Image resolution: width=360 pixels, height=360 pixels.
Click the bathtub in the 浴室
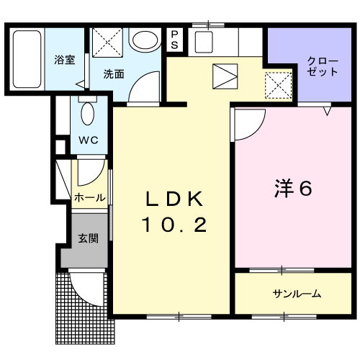[27, 59]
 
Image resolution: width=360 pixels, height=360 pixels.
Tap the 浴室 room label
[64, 60]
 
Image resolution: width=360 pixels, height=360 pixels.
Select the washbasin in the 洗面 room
[145, 40]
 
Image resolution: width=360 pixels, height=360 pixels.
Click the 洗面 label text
[114, 74]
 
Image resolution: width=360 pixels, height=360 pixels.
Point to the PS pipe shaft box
[174, 40]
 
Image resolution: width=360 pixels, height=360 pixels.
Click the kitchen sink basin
[204, 42]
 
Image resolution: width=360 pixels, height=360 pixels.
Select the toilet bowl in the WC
[87, 114]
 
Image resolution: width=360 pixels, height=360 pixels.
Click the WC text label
[89, 140]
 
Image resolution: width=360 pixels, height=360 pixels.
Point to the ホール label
[90, 198]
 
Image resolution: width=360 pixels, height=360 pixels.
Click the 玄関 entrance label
[89, 238]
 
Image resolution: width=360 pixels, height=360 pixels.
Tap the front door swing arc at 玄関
[83, 296]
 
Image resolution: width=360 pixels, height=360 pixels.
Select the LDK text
[174, 199]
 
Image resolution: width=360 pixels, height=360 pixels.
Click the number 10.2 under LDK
[174, 225]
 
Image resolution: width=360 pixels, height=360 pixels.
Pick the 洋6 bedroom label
[293, 188]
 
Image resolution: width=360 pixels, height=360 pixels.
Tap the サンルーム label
[297, 294]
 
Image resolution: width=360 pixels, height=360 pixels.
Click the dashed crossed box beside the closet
[279, 85]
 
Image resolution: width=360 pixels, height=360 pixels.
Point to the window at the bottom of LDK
[179, 317]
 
